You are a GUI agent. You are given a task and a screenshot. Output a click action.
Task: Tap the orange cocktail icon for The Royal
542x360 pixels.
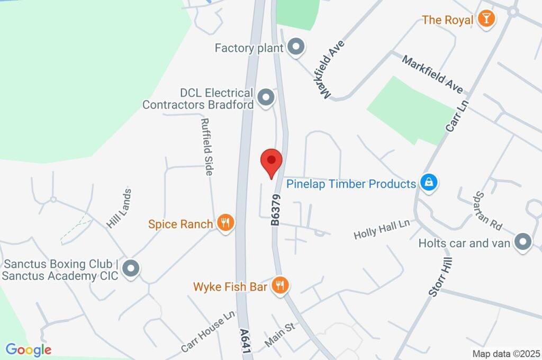pyautogui.click(x=485, y=20)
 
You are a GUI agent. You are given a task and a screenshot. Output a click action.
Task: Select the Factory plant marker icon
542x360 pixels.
pyautogui.click(x=296, y=48)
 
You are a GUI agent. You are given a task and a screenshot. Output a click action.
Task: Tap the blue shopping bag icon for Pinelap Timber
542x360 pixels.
pyautogui.click(x=428, y=183)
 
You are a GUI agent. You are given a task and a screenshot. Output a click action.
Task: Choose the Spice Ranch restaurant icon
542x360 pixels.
pyautogui.click(x=225, y=223)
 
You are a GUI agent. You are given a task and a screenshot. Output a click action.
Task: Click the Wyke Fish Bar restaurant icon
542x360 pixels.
pyautogui.click(x=279, y=286)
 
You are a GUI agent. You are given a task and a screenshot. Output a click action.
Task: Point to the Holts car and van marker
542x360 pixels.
pyautogui.click(x=523, y=243)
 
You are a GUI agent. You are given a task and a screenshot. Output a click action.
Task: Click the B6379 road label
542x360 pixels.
pyautogui.click(x=276, y=210)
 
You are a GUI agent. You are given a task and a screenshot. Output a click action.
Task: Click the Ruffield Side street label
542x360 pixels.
pyautogui.click(x=206, y=147)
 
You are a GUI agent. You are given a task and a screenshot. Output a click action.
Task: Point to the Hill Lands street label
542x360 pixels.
pyautogui.click(x=119, y=209)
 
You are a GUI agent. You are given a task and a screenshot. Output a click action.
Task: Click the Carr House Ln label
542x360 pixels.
pyautogui.click(x=207, y=332)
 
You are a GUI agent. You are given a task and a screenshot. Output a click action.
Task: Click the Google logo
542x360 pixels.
pyautogui.click(x=29, y=349)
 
